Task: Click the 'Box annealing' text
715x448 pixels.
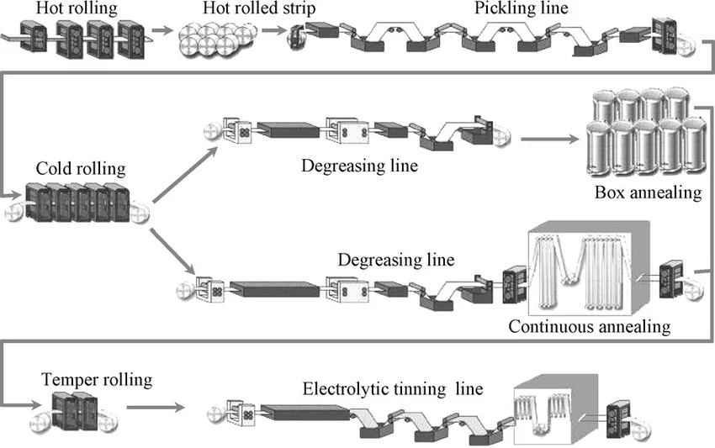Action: (x=648, y=192)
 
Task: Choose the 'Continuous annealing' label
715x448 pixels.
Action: (x=590, y=326)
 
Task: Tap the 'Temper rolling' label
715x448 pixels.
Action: (x=97, y=380)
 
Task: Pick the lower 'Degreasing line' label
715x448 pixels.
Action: (x=396, y=260)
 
